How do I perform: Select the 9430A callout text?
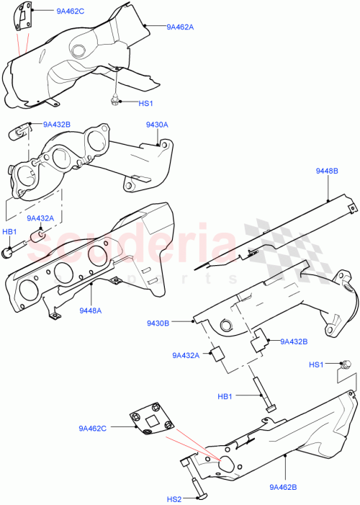pyautogui.click(x=156, y=125)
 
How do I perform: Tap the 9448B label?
pyautogui.click(x=328, y=171)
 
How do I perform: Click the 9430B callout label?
pyautogui.click(x=178, y=323)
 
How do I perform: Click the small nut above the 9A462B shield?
pyautogui.click(x=345, y=365)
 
